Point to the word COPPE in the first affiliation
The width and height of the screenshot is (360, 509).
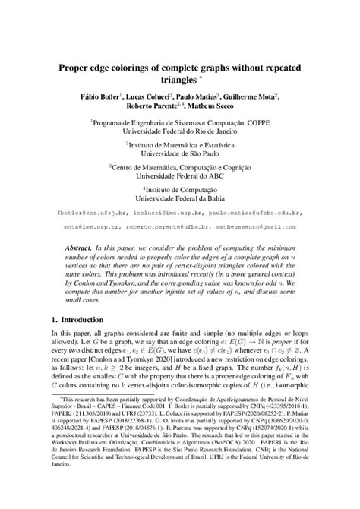coord(252,120)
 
